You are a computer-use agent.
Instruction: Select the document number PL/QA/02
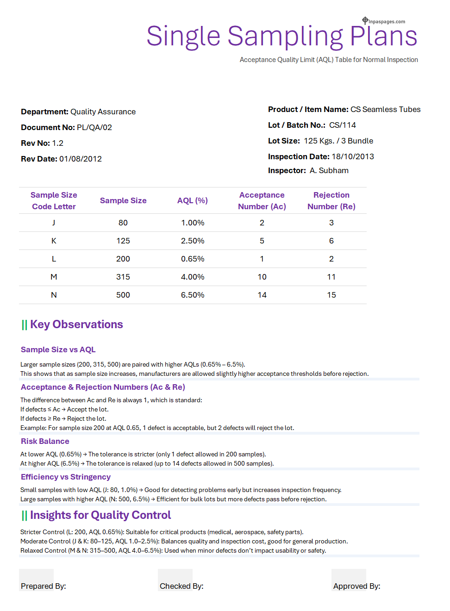coord(94,127)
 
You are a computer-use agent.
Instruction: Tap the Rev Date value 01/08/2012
coord(81,159)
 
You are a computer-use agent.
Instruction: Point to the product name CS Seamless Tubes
coord(385,109)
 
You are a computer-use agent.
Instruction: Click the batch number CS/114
coord(343,125)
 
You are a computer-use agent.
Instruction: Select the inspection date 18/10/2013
coord(353,156)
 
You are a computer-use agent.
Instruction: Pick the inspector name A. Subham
coord(329,170)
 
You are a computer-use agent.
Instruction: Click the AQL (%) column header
coord(193,200)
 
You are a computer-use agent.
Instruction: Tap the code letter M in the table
coord(54,277)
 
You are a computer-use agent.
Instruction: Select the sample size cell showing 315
coord(123,277)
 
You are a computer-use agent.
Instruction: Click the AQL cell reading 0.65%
coord(193,259)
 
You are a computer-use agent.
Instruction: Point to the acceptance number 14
coord(262,295)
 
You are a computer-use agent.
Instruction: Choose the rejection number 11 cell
coord(331,277)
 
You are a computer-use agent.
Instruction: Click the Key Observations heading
coord(76,324)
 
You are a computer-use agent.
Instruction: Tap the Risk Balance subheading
coord(45,441)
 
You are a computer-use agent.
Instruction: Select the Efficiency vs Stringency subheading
coord(66,477)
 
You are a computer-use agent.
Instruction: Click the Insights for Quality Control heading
coord(100,515)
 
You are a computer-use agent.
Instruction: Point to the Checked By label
coord(181,586)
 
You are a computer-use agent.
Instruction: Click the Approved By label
coord(356,586)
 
